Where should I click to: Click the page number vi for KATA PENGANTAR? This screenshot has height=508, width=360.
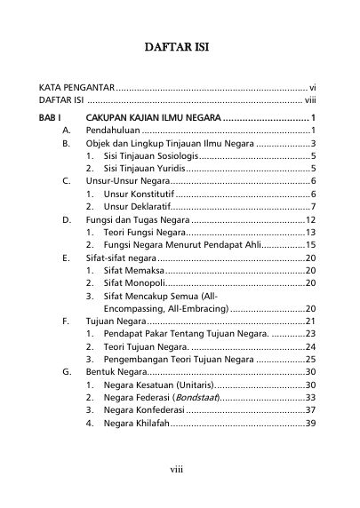[312, 89]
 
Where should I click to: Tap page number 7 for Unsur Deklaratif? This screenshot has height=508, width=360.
[315, 206]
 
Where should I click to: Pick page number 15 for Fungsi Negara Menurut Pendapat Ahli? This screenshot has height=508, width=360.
[311, 244]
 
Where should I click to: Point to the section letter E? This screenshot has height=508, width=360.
[67, 257]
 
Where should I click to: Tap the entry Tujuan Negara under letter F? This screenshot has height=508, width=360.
[115, 321]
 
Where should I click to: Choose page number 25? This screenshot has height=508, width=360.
[311, 359]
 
